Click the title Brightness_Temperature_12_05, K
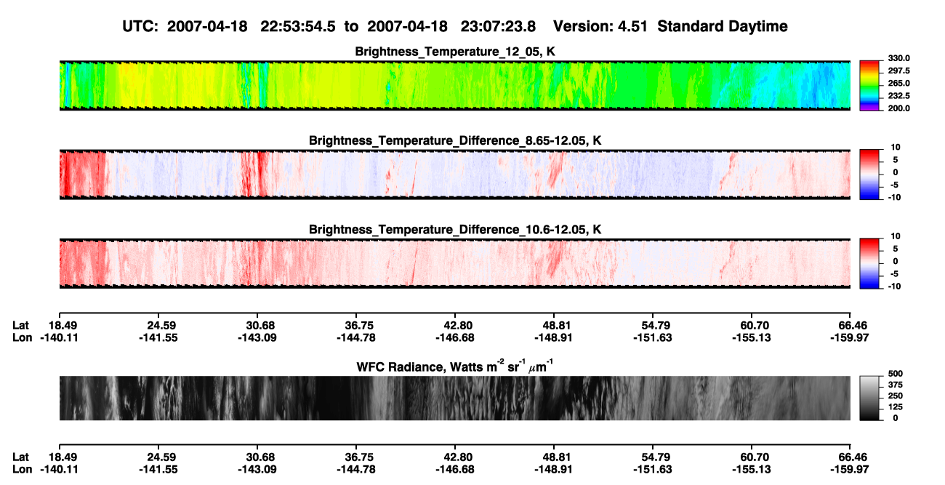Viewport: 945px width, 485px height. click(455, 52)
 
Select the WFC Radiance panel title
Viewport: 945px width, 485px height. click(455, 366)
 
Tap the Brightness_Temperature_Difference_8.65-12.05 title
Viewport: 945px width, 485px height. click(455, 140)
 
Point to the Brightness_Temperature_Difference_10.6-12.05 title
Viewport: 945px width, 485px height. click(455, 230)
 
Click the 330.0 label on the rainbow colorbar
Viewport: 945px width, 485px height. click(898, 58)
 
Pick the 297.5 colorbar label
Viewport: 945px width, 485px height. click(898, 71)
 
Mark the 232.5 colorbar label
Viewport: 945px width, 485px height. click(898, 96)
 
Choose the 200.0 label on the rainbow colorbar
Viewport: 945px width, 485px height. click(898, 108)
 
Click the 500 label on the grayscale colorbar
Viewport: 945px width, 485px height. click(896, 374)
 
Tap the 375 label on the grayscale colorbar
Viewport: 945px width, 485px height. click(896, 385)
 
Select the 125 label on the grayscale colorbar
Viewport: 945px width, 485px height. click(896, 407)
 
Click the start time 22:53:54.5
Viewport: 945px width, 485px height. click(297, 26)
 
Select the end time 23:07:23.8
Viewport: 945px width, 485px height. click(498, 26)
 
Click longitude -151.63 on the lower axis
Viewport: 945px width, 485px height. click(653, 470)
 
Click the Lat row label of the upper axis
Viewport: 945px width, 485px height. click(20, 326)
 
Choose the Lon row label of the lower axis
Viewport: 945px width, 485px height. click(22, 470)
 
